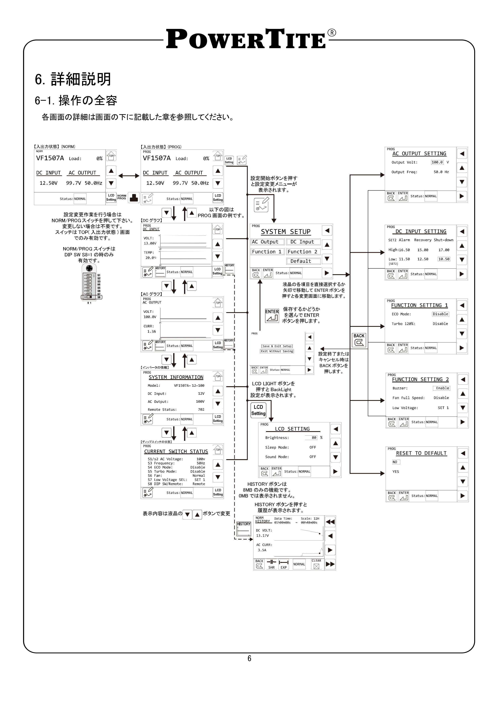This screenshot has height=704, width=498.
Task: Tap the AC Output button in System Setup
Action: [267, 242]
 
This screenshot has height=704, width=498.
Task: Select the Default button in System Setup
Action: [303, 261]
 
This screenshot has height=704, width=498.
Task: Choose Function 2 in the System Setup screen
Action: [303, 252]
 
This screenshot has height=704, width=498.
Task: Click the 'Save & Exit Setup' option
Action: [277, 346]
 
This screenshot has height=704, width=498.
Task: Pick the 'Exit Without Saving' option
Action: [277, 351]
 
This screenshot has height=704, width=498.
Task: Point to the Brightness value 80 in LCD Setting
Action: [314, 438]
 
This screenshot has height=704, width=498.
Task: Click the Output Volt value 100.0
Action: [437, 163]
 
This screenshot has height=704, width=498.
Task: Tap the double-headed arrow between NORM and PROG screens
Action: [129, 176]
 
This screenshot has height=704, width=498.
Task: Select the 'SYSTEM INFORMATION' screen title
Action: [176, 377]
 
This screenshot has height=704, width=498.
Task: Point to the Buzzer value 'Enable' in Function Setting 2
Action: [442, 388]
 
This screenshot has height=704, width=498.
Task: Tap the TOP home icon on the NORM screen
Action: [111, 156]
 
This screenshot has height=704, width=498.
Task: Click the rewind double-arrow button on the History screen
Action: [330, 522]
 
